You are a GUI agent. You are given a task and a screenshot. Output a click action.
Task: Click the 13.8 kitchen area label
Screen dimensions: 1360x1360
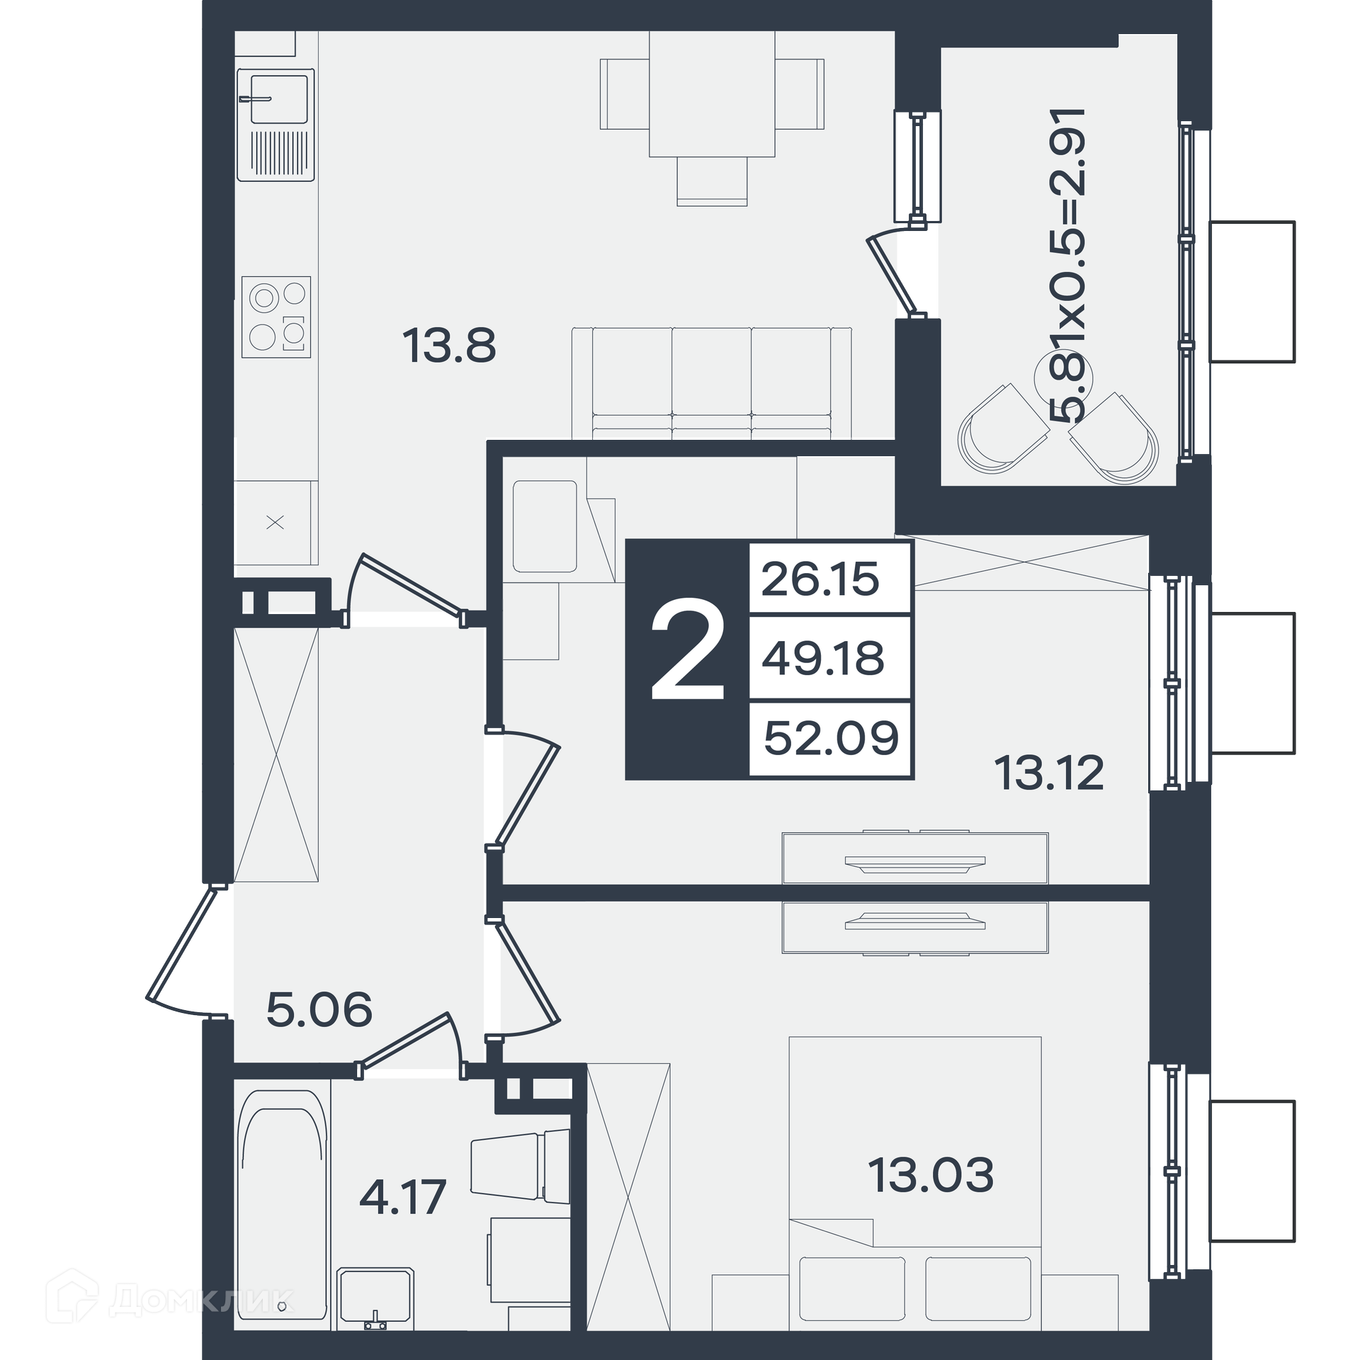tap(449, 346)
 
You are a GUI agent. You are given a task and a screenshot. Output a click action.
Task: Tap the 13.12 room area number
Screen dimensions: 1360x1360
tap(1049, 773)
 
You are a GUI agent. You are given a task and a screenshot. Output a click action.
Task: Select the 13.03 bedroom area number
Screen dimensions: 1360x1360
tap(931, 1174)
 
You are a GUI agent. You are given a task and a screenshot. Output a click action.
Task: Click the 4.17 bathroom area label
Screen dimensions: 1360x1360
tap(402, 1197)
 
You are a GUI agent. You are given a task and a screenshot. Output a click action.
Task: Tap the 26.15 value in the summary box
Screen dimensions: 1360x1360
tap(820, 579)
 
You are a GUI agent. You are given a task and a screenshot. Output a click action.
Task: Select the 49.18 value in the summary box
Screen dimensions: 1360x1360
tap(823, 658)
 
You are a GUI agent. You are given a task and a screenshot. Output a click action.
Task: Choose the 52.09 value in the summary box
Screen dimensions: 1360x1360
tap(832, 737)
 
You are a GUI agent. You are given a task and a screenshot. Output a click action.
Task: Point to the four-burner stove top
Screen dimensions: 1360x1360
tap(276, 317)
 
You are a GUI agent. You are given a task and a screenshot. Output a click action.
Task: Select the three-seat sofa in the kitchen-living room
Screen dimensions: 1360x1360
tap(712, 383)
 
